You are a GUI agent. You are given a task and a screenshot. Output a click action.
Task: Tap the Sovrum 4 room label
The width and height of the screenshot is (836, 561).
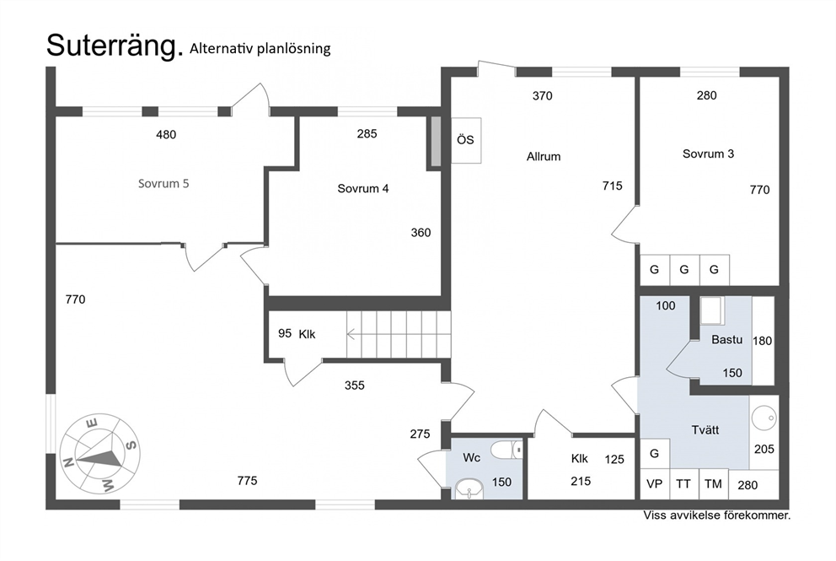pos(362,189)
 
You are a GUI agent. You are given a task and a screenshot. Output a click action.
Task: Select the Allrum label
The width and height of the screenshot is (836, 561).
pos(544,156)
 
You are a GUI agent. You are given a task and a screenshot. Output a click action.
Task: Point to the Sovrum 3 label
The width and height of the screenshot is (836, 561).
pos(708,154)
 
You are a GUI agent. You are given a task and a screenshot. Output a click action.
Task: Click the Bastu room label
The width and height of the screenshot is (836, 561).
pos(726,340)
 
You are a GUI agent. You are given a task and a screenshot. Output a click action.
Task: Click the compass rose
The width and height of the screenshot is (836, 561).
pos(99,453)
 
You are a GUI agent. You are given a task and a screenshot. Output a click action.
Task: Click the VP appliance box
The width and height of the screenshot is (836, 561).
pos(654,484)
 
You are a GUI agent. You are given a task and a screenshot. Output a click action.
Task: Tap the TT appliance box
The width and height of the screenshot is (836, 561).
pos(683,484)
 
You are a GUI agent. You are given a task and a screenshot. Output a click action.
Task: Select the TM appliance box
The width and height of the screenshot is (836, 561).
pos(713,484)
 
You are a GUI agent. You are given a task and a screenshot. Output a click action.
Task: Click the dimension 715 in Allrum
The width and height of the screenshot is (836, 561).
pos(612,185)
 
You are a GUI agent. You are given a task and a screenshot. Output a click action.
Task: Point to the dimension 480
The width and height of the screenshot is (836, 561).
pos(166,134)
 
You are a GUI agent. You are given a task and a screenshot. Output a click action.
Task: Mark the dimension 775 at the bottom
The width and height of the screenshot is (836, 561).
pos(247,481)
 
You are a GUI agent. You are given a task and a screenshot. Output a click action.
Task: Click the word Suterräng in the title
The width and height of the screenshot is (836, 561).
pos(115,46)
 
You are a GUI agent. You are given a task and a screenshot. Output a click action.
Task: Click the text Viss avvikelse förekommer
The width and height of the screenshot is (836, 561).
pos(716,515)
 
